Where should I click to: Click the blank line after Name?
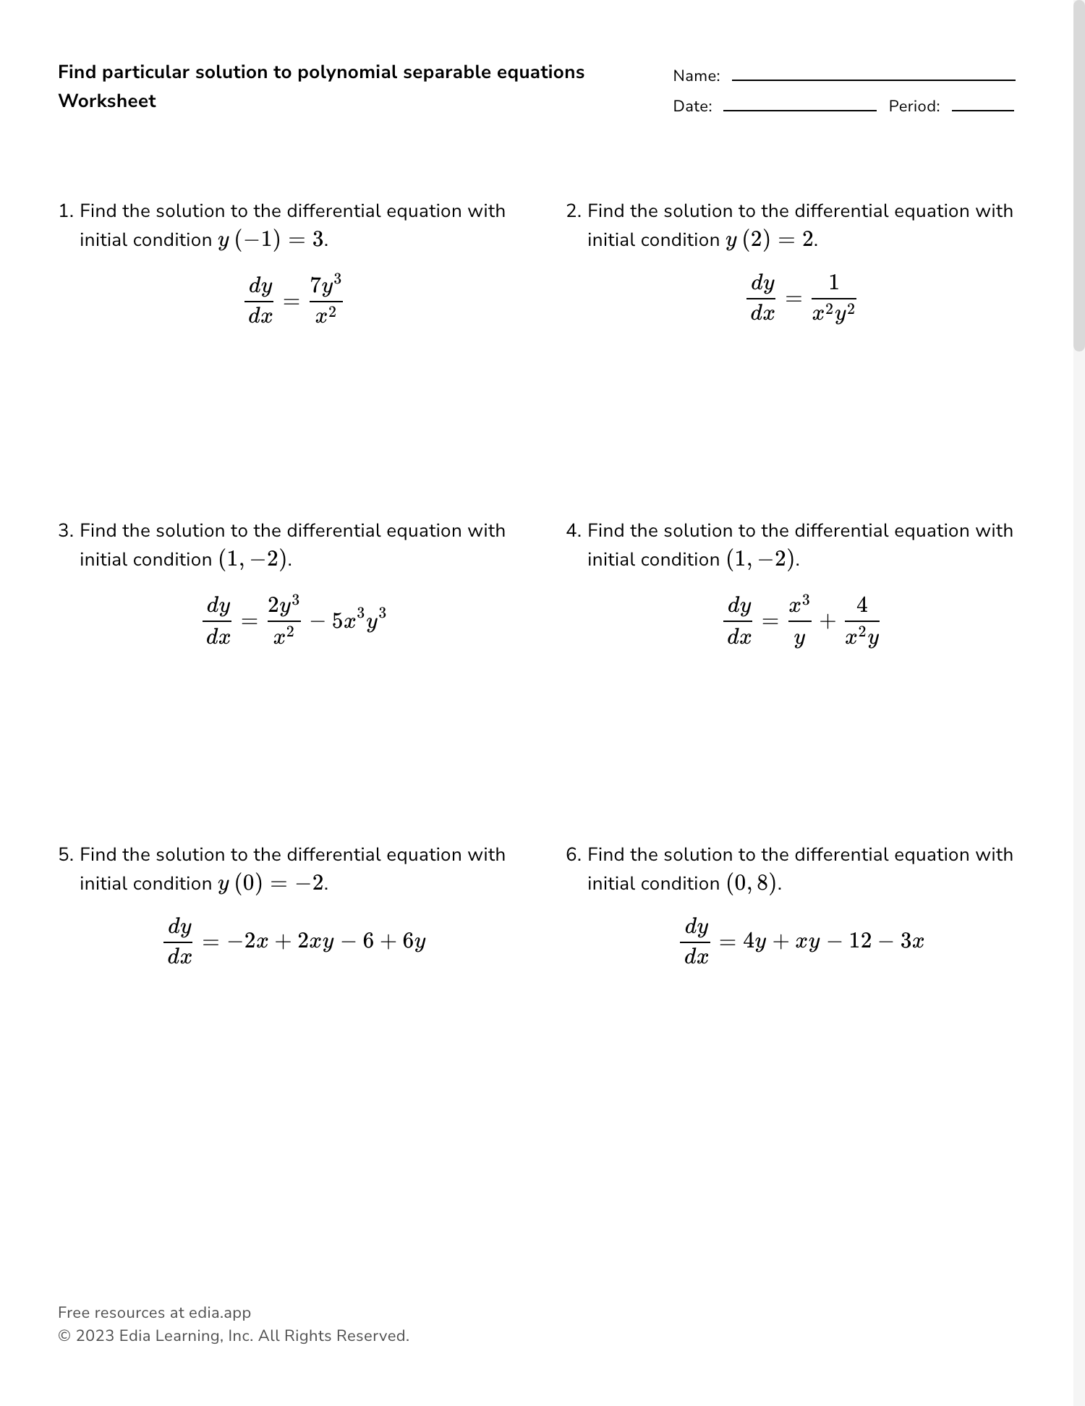pos(873,79)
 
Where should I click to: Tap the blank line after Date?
pos(799,109)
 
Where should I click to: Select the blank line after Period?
pos(982,109)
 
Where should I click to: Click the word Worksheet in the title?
pos(107,101)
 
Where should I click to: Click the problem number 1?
pos(65,211)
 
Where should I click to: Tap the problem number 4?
pos(573,531)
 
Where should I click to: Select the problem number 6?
pos(573,855)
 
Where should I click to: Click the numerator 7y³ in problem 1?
pos(325,285)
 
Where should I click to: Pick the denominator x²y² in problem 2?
pos(834,315)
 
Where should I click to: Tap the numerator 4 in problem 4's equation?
pos(861,605)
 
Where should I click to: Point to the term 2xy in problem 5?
pos(315,942)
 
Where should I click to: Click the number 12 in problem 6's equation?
pos(861,941)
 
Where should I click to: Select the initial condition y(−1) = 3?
pos(272,240)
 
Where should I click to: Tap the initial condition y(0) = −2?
pos(272,884)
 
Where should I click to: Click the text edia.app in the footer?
pos(220,1313)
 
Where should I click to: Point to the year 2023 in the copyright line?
pos(95,1336)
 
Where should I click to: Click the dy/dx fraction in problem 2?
pos(762,298)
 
